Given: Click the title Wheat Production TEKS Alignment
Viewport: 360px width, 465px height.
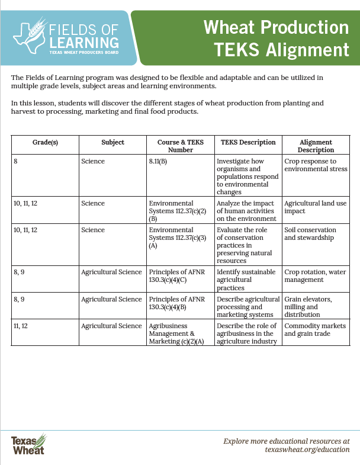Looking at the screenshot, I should [276, 37].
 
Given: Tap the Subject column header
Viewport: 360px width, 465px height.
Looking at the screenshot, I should [112, 142].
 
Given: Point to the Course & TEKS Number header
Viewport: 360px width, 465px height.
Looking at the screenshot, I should [180, 146].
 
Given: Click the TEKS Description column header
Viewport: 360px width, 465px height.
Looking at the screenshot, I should [248, 142].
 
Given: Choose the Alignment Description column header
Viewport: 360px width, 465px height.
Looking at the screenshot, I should [316, 146].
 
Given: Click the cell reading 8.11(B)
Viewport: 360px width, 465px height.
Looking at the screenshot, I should [158, 161].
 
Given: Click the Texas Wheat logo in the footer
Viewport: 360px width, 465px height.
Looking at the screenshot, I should [28, 444].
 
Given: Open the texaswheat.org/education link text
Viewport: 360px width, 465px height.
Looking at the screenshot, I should [307, 450].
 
